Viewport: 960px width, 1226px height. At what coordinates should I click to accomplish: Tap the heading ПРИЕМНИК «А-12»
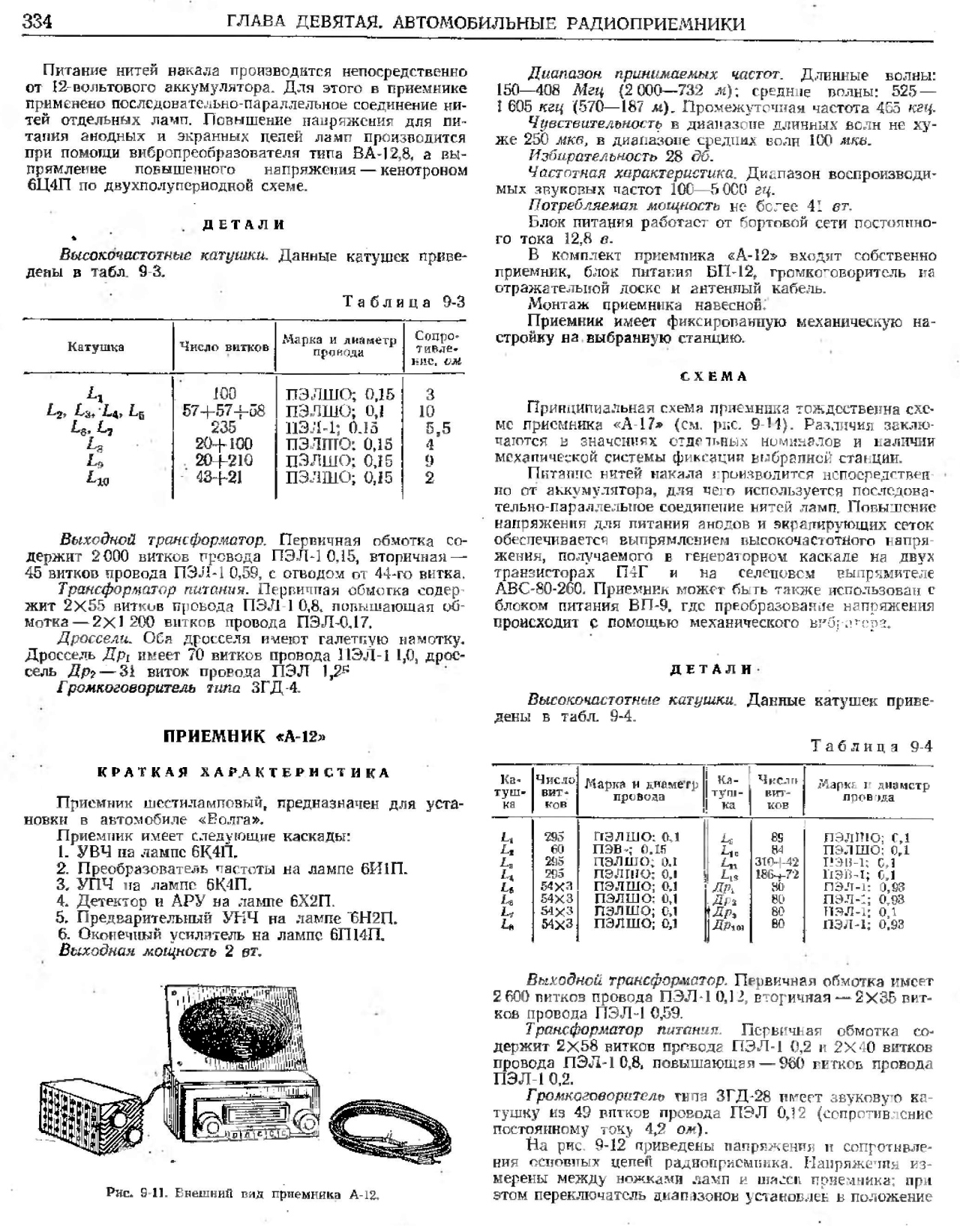coord(244,736)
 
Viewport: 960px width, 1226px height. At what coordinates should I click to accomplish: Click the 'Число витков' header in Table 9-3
coord(224,347)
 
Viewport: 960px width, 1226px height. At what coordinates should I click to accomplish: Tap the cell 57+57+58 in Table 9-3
coord(223,410)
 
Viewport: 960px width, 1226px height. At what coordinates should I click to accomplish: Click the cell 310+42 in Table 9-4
coord(779,862)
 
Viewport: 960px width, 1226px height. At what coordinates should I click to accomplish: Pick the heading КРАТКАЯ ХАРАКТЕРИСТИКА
coord(244,772)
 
